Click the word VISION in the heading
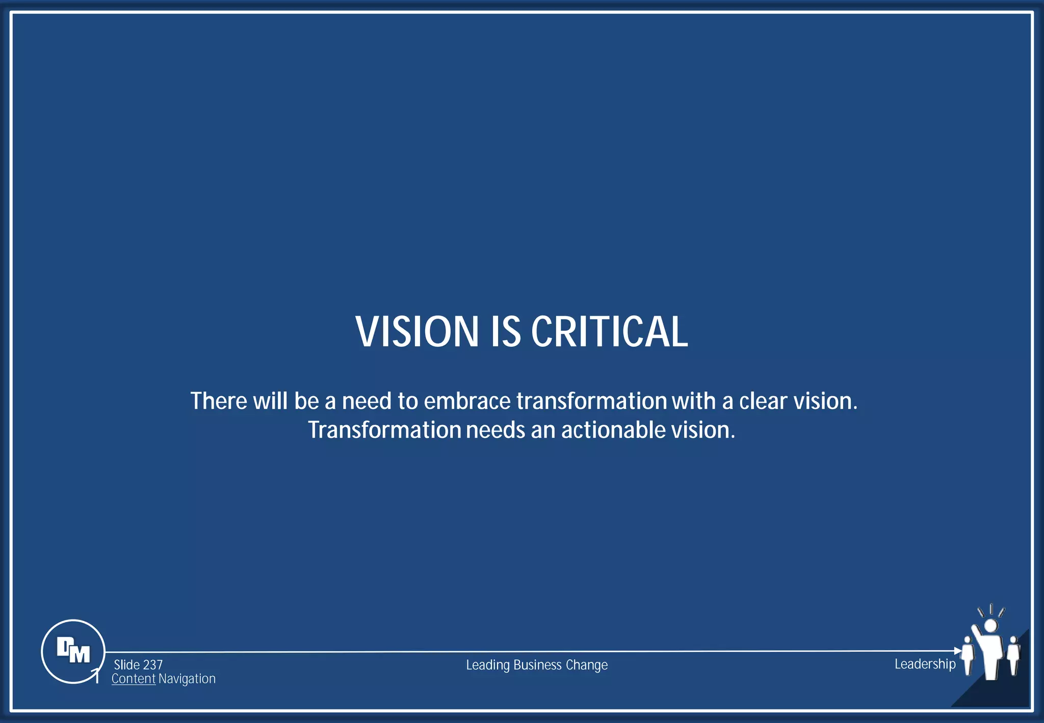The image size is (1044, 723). click(x=416, y=331)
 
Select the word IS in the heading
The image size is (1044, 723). click(x=505, y=331)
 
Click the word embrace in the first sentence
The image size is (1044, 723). click(x=467, y=401)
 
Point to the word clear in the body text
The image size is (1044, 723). click(x=763, y=401)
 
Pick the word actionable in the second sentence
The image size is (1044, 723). click(x=613, y=430)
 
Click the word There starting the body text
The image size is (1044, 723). click(x=219, y=401)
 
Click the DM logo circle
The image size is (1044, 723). click(x=73, y=651)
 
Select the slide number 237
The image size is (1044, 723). click(x=152, y=665)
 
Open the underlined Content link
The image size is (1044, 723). click(x=134, y=679)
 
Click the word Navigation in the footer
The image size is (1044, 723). click(x=187, y=679)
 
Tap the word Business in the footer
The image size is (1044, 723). click(x=537, y=665)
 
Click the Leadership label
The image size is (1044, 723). click(x=925, y=664)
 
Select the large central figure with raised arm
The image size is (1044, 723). click(x=990, y=653)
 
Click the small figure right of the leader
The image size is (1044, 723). click(x=1013, y=655)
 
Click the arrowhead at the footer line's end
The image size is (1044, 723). click(x=957, y=651)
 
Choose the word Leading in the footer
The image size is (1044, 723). click(x=488, y=665)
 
